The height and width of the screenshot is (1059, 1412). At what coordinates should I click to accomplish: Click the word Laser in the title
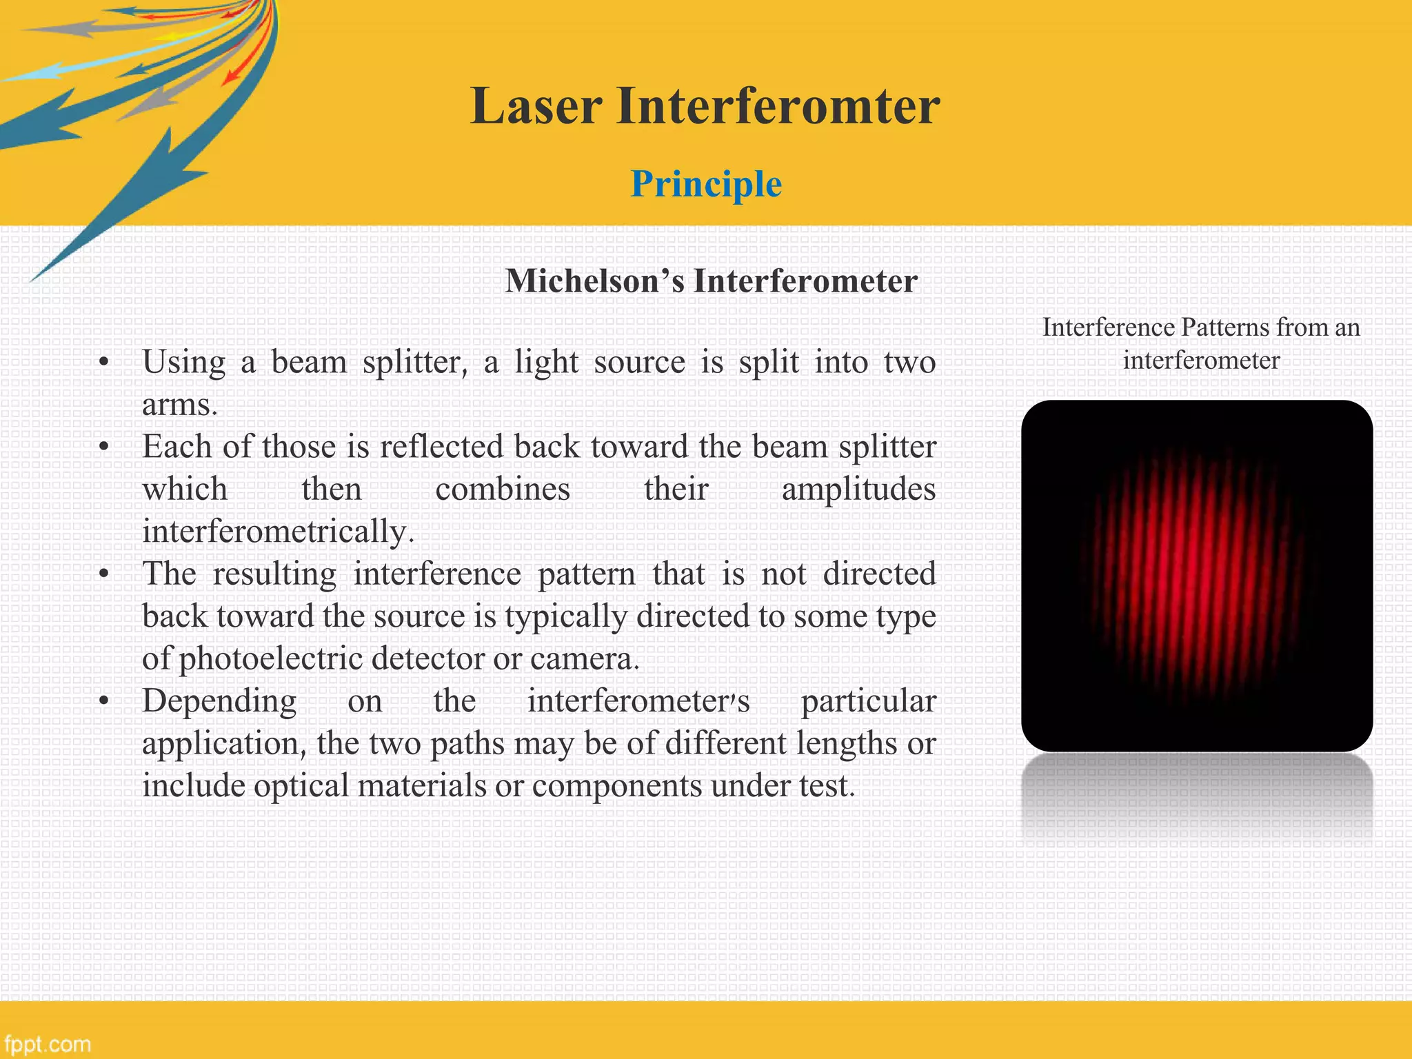click(x=536, y=106)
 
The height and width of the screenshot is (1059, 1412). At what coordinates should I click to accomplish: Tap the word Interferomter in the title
click(x=778, y=106)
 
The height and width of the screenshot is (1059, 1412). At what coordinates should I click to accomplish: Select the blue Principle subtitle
click(x=706, y=184)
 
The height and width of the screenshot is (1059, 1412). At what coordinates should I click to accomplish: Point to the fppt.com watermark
click(x=47, y=1043)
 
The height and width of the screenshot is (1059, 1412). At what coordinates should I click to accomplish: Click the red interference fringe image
click(x=1196, y=576)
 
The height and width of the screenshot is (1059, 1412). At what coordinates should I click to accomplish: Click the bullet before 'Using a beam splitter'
click(x=104, y=363)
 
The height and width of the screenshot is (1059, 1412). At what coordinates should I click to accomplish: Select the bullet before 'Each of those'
click(x=104, y=448)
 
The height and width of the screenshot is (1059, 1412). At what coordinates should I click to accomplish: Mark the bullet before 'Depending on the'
click(x=104, y=702)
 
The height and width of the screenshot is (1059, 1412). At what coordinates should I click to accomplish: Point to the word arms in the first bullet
click(x=179, y=405)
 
